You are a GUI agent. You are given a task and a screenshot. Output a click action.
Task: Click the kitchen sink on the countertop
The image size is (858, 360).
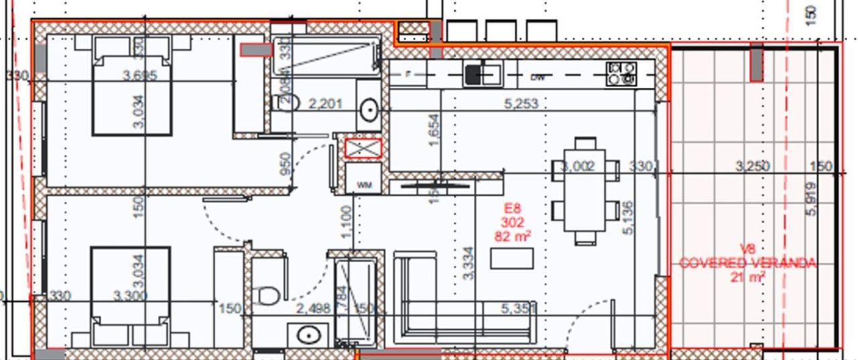[x=482, y=74]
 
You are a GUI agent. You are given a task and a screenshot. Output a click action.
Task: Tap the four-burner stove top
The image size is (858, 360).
[x=621, y=74]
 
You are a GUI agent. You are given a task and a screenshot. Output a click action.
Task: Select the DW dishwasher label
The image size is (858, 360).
[x=537, y=77]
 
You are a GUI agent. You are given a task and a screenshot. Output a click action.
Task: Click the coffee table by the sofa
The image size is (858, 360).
[x=511, y=258]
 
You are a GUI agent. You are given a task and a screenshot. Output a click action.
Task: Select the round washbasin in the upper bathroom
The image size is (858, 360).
[x=369, y=110]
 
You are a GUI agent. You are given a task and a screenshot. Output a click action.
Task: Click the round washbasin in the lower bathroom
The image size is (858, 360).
[x=308, y=335]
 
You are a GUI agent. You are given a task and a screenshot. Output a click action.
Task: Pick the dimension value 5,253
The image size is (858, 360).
[x=521, y=104]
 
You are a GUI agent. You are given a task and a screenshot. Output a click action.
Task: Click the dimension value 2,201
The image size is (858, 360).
[x=325, y=104]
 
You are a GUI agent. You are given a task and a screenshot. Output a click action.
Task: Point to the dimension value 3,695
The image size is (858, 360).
[x=140, y=75]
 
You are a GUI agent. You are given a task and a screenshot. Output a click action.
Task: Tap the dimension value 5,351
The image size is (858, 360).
[x=519, y=308]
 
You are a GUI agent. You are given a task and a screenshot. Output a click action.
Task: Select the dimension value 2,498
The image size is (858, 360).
[x=313, y=308]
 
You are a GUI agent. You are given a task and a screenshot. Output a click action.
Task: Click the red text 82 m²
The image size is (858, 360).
[x=513, y=236]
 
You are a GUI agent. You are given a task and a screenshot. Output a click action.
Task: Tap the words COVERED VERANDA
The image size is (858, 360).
[x=747, y=263]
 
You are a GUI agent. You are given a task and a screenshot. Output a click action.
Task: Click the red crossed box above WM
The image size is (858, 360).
[x=363, y=148]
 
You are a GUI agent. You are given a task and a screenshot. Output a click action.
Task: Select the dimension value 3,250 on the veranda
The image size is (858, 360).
[x=752, y=166]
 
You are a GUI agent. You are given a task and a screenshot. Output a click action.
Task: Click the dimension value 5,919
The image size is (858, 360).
[x=812, y=198]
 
